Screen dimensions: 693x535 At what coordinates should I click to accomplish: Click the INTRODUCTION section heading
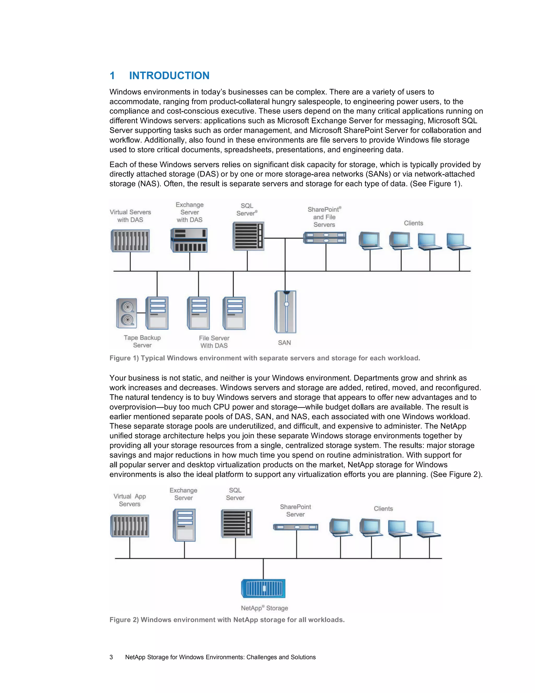tap(169, 76)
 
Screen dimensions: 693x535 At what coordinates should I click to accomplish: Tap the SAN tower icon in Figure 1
tap(285, 312)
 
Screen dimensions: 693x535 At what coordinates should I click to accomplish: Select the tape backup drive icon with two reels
tap(126, 313)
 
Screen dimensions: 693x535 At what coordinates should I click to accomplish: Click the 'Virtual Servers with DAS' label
tap(130, 216)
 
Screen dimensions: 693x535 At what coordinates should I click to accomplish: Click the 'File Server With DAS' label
tap(214, 342)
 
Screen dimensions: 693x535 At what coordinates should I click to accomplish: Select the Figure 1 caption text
tap(265, 358)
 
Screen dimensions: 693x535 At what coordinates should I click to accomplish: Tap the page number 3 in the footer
tap(111, 657)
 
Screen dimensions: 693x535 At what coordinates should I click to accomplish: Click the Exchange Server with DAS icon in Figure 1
tap(189, 240)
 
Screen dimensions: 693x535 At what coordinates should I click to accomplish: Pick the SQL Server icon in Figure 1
tap(248, 236)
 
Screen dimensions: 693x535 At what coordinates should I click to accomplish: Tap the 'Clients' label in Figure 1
tap(413, 223)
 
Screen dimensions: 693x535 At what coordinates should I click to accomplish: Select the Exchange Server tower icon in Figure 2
tap(184, 525)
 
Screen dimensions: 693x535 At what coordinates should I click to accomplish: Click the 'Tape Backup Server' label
tap(142, 342)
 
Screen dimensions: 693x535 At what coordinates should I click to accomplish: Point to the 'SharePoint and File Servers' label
tap(324, 217)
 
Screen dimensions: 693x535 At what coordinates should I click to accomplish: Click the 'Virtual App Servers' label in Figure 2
tap(130, 500)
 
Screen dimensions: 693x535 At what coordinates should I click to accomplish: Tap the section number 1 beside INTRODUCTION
tap(112, 76)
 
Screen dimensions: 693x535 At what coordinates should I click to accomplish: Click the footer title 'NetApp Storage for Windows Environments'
tap(220, 657)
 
